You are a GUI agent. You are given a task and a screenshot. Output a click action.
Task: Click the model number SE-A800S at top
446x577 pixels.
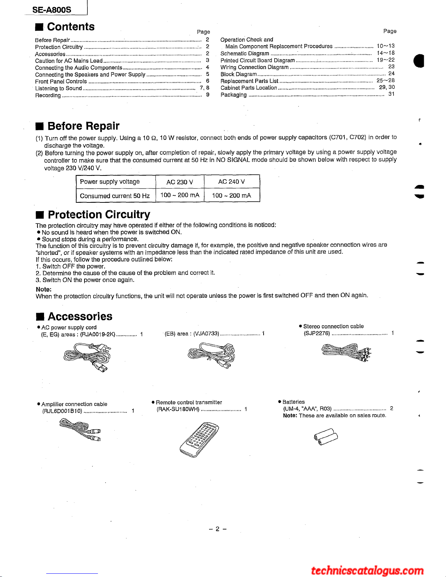coord(52,10)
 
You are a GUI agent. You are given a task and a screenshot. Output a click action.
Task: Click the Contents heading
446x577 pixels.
coord(71,27)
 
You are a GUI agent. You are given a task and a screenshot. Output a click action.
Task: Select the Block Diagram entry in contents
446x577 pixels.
coord(238,74)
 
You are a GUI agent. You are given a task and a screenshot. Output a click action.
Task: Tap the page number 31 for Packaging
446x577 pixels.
coord(391,94)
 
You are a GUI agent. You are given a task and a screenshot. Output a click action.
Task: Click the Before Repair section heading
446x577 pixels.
coord(83,126)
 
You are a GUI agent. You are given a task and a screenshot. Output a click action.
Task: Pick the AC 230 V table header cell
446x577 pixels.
coord(179,182)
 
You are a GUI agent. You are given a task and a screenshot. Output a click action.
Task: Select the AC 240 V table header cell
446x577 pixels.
coord(232,182)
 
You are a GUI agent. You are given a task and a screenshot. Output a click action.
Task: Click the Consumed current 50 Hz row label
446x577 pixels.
coord(115,196)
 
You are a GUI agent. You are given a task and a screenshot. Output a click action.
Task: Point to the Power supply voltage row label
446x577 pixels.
coord(110,182)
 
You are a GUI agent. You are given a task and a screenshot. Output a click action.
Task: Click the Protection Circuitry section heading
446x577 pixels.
coord(99,214)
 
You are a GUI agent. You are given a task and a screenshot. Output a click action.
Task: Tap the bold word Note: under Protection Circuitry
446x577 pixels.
coord(43,289)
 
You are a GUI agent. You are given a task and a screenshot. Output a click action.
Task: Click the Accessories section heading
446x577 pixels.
coord(80,316)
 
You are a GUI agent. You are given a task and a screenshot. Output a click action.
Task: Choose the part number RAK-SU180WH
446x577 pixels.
coord(178,409)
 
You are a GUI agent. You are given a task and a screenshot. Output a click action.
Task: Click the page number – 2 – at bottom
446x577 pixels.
coord(218,529)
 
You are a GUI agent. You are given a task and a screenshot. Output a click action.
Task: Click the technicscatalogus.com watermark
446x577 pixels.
coord(367,570)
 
